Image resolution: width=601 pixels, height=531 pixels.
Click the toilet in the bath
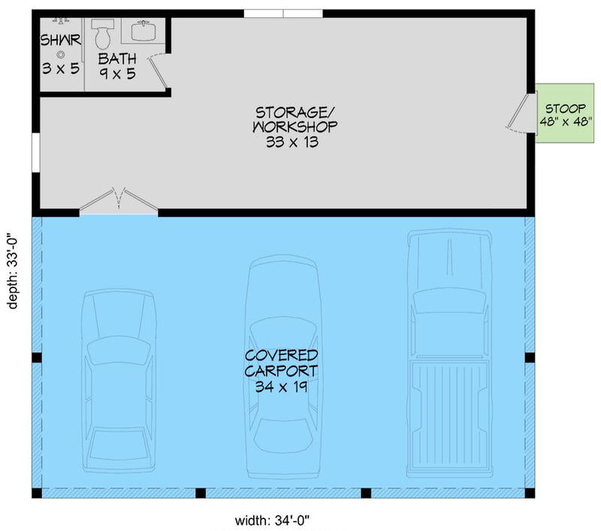[x=103, y=33]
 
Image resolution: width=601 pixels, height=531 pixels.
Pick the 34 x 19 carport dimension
[x=282, y=387]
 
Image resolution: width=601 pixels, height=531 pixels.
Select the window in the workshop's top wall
[x=283, y=13]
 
